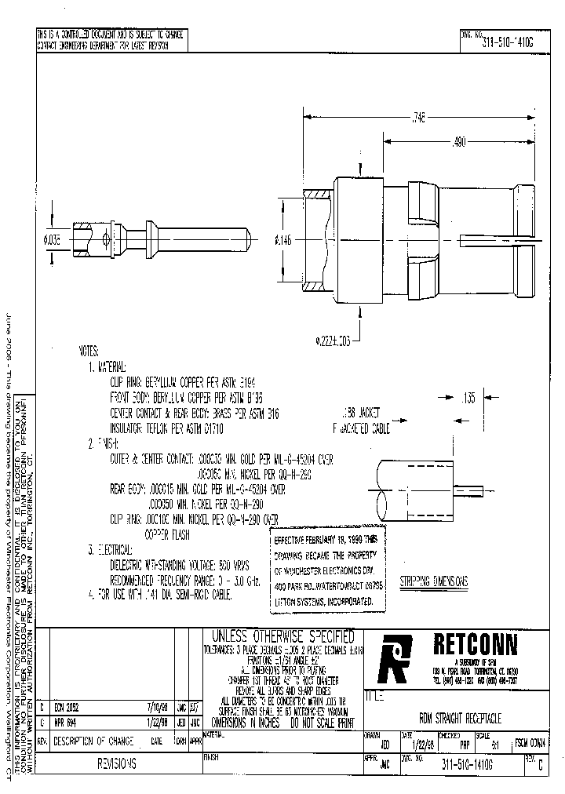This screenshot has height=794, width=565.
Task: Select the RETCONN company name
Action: point(476,644)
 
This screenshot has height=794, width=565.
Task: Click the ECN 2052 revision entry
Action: point(67,705)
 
